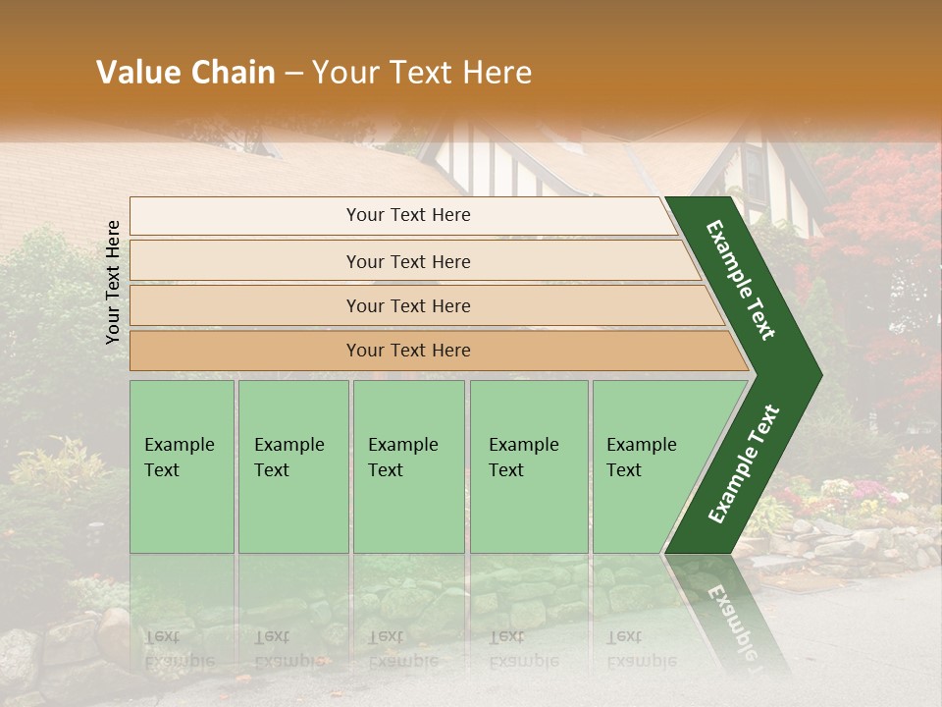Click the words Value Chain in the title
[185, 73]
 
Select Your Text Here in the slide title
[422, 73]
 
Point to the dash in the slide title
[293, 74]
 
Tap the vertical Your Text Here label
[114, 282]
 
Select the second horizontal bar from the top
[408, 261]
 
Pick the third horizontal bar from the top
[408, 305]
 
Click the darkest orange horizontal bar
[408, 351]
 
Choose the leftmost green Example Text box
[182, 466]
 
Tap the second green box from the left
[292, 466]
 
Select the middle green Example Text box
[407, 466]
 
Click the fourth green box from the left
[528, 466]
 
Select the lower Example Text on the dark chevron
[744, 464]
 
